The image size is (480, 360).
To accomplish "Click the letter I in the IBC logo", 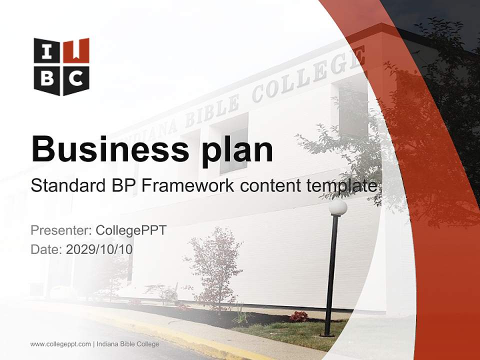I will coord(47,51).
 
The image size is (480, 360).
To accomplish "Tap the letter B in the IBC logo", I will coord(47,78).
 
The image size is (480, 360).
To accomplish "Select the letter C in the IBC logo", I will coord(76,78).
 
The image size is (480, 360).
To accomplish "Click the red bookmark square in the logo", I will coord(76,50).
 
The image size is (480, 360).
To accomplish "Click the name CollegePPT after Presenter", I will coord(131,230).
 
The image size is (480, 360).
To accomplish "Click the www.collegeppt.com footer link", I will coord(60,344).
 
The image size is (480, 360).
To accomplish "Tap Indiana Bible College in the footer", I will coord(128,344).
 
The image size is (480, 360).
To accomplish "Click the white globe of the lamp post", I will coord(338,207).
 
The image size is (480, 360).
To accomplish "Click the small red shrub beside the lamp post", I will coord(299,316).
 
